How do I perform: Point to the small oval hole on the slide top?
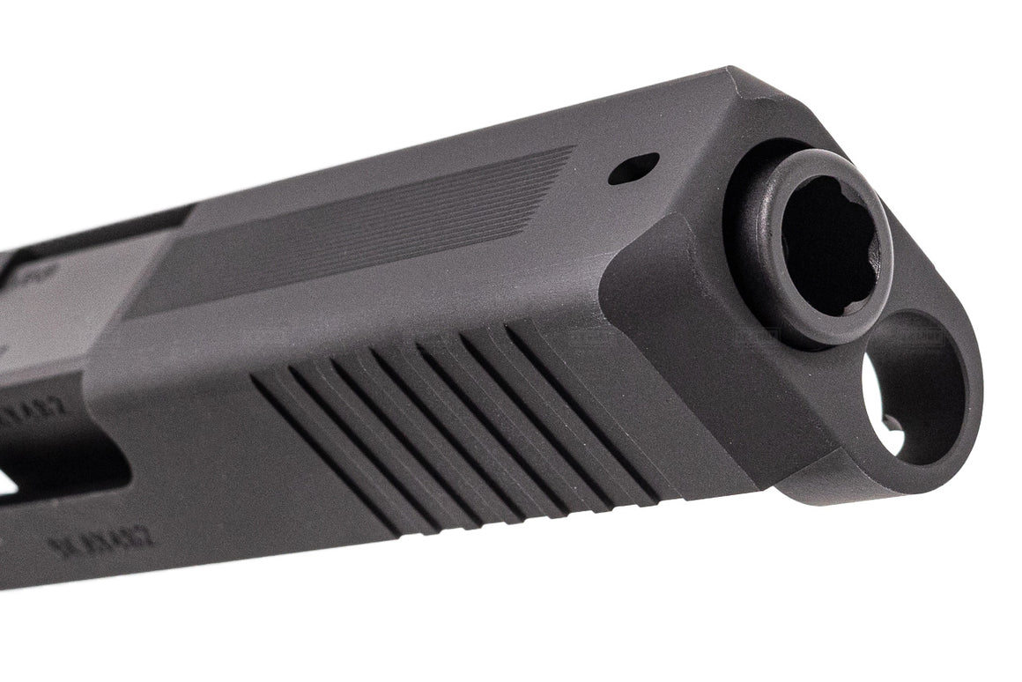[x=633, y=168]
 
